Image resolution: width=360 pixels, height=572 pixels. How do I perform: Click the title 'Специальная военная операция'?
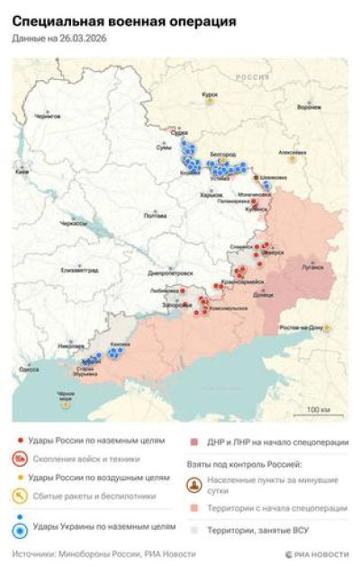[124, 20]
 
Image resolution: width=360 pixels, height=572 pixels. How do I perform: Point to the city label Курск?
[211, 94]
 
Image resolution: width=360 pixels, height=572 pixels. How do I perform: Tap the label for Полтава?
[156, 215]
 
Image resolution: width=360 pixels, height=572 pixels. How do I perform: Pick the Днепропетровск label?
[170, 272]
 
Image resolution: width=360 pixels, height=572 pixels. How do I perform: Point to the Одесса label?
[29, 369]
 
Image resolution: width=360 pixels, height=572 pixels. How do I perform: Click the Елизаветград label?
[78, 269]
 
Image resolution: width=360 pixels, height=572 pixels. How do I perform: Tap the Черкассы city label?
[73, 222]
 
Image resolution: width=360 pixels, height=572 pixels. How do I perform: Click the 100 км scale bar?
[318, 411]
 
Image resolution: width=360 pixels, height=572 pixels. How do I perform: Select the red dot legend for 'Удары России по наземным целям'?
[21, 441]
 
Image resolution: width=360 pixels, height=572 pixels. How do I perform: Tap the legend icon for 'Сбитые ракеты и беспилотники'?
[21, 496]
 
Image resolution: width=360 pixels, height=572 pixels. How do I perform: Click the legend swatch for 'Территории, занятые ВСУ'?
[195, 530]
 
